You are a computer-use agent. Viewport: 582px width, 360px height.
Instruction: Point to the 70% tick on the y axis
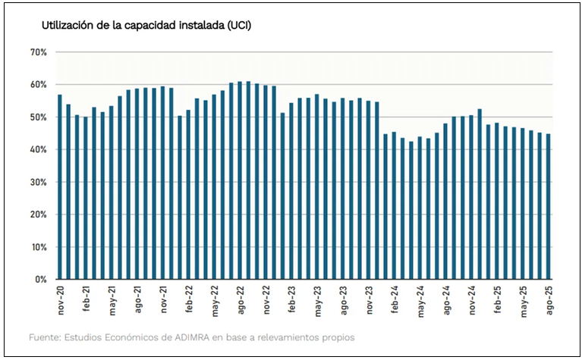pyautogui.click(x=39, y=52)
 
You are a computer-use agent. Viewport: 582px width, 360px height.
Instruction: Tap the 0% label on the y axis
pyautogui.click(x=42, y=280)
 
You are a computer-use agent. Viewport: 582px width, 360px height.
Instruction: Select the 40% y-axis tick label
pyautogui.click(x=39, y=150)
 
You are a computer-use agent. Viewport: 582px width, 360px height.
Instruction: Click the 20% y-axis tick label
pyautogui.click(x=39, y=214)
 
